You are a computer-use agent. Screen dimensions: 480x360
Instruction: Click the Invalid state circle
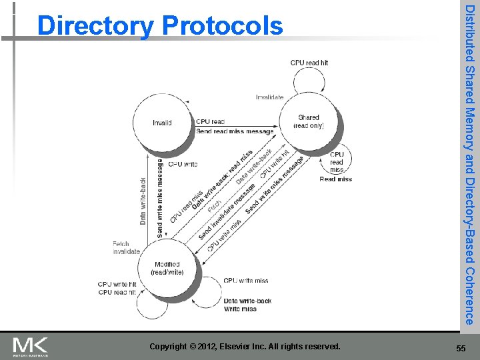(162, 123)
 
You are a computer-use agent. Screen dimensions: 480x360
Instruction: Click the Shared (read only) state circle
(309, 121)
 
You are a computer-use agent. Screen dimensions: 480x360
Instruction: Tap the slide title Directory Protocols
(160, 26)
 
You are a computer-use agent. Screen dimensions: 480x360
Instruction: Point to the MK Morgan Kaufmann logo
(30, 346)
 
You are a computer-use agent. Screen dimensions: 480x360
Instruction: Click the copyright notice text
(245, 347)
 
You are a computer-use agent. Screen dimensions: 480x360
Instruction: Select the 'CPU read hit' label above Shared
(309, 63)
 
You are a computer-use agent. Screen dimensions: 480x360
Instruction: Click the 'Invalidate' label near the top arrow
(269, 97)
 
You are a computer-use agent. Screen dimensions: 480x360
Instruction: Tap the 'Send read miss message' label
(235, 131)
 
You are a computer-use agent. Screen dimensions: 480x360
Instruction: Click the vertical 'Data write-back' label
(143, 201)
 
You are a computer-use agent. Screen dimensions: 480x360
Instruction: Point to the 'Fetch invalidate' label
(127, 247)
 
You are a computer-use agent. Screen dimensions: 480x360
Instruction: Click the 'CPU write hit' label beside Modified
(117, 285)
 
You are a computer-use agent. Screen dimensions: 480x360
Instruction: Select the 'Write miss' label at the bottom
(240, 309)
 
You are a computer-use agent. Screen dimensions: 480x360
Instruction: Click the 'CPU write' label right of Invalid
(183, 163)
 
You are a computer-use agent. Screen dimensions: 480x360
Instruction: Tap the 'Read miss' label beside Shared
(336, 179)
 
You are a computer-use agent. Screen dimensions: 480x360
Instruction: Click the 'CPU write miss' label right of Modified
(246, 281)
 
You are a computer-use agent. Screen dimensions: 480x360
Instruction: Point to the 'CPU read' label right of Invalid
(210, 122)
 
